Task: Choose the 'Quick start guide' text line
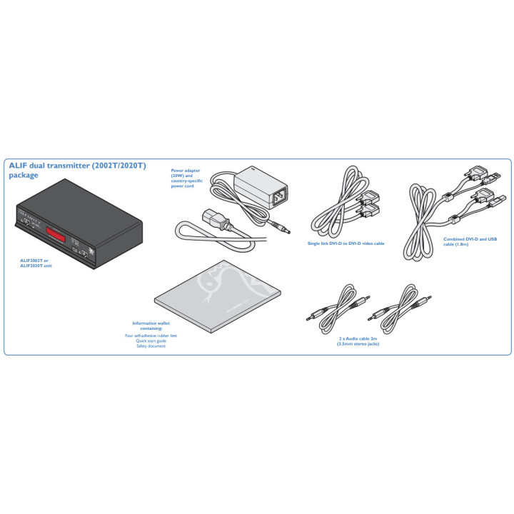[151, 341]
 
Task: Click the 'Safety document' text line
[151, 346]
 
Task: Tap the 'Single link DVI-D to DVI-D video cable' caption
[346, 243]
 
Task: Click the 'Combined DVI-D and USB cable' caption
[465, 241]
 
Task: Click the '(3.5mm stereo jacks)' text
[358, 344]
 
